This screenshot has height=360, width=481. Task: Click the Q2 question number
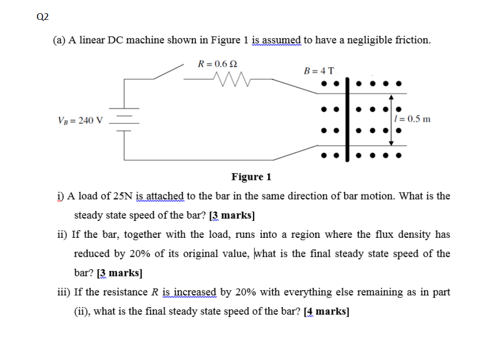click(x=43, y=17)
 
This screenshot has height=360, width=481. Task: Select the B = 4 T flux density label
click(x=319, y=71)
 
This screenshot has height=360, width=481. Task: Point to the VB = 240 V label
click(x=80, y=121)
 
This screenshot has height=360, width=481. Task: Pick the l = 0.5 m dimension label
click(x=413, y=119)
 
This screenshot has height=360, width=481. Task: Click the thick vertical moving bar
click(x=348, y=119)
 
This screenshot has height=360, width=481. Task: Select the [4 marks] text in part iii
click(x=326, y=312)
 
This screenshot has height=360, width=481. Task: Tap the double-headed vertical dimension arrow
click(x=390, y=119)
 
